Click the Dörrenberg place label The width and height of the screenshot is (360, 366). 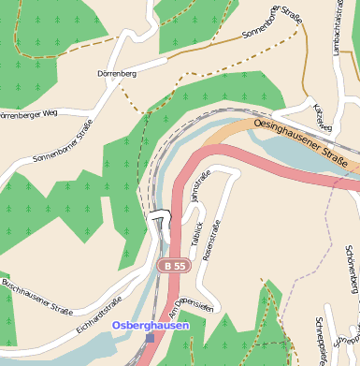117,72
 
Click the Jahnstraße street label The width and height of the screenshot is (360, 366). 200,185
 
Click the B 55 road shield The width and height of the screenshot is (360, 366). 173,267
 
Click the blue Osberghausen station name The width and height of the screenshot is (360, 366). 151,325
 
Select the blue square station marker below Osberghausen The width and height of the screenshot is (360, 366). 150,338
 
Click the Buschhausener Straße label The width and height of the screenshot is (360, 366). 37,296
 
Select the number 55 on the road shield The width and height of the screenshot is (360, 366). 180,267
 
